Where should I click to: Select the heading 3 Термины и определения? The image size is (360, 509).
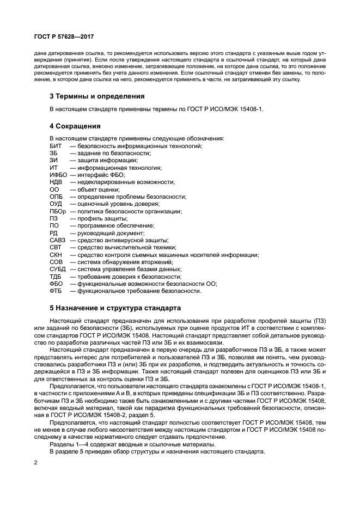click(97, 96)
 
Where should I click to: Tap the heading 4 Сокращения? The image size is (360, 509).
click(75, 126)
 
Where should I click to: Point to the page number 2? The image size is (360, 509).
click(35, 462)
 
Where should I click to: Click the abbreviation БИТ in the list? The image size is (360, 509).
click(55, 146)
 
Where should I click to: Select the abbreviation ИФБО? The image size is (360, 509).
click(58, 175)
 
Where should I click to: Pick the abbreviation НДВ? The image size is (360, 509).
click(56, 182)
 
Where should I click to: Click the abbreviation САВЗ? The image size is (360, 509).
click(57, 240)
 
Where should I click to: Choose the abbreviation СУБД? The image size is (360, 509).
click(57, 269)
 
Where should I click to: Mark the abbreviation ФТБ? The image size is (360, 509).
click(56, 291)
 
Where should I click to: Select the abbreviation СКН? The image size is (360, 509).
click(56, 255)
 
